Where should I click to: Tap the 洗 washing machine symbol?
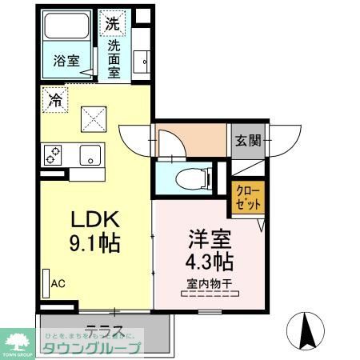pyautogui.click(x=114, y=23)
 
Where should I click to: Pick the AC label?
pyautogui.click(x=58, y=283)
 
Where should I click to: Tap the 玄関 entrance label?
pyautogui.click(x=247, y=141)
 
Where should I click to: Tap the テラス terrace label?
pyautogui.click(x=104, y=328)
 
